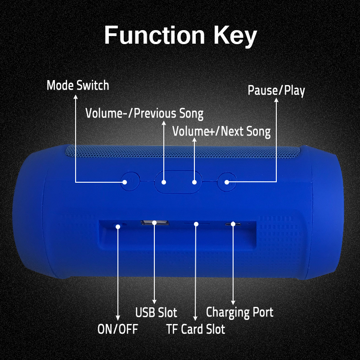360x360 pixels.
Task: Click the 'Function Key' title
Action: point(180,36)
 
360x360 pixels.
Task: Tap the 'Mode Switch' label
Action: point(78,85)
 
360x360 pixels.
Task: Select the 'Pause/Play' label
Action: point(276,90)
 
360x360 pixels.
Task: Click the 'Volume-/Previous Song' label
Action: point(144,113)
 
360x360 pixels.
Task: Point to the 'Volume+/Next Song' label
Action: point(221,131)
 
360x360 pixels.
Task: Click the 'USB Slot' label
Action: point(156,312)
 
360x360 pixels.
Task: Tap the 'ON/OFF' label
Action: point(117,329)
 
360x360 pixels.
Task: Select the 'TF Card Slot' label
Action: point(195,329)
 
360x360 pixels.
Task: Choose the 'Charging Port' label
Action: point(240,312)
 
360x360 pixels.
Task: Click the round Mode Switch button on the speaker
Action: point(130,181)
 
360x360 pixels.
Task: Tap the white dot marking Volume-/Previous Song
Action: point(164,182)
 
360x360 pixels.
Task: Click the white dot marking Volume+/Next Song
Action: point(194,182)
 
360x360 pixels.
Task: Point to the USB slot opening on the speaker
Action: point(155,223)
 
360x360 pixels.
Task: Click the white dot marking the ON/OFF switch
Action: point(118,227)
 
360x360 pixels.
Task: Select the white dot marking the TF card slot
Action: point(196,224)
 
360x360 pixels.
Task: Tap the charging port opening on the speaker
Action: point(233,224)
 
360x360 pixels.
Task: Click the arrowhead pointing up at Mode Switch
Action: point(76,97)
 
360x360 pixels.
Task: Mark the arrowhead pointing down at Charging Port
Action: point(233,302)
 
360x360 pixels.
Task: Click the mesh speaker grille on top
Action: point(183,152)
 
